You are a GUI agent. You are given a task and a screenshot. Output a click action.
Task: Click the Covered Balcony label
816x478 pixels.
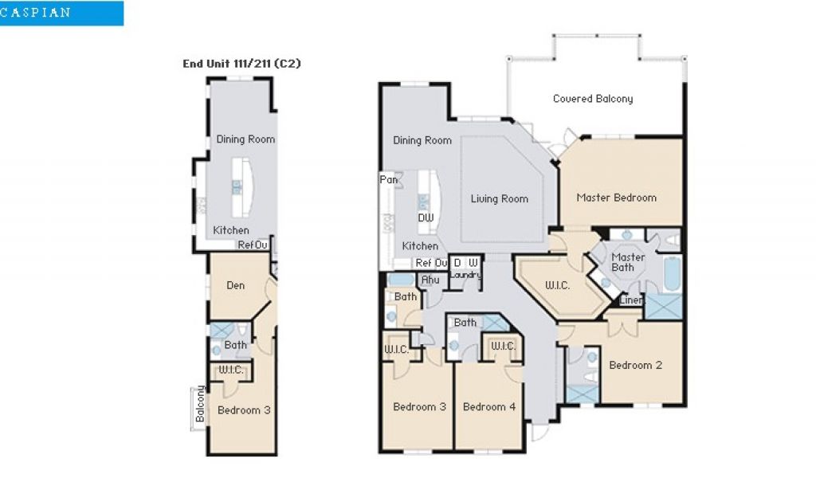pos(593,99)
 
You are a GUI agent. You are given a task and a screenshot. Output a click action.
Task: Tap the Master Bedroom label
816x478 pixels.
pos(616,198)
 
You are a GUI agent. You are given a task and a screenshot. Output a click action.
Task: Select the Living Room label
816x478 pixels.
pos(499,198)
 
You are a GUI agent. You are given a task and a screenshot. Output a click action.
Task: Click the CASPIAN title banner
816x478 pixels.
pos(61,13)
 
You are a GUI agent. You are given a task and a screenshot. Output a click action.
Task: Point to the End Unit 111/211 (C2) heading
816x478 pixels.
pos(241,64)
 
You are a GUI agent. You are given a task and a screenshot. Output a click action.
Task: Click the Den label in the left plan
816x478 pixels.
pos(235,285)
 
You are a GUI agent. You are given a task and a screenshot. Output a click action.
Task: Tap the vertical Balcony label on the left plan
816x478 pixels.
pos(200,404)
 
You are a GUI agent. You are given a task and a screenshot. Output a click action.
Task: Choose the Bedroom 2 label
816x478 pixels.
pos(635,365)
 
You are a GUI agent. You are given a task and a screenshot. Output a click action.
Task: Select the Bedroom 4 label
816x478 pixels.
pos(489,407)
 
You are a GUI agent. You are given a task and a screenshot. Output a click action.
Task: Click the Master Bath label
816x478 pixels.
pos(628,262)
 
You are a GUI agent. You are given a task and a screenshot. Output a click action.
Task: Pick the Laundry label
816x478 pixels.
pos(465,275)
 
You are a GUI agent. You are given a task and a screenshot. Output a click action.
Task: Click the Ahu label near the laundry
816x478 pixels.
pos(430,280)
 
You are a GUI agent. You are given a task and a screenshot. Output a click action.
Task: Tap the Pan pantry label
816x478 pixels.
pos(388,179)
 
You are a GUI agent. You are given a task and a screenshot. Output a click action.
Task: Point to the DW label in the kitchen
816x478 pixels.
pos(426,217)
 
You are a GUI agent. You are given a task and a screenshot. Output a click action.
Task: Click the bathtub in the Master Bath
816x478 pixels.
pos(673,274)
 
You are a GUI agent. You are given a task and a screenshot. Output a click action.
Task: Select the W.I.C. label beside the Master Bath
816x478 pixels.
pos(557,285)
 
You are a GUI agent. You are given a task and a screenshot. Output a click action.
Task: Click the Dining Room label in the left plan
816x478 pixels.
pos(245,139)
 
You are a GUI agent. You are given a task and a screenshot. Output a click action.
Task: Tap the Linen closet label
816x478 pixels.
pos(631,300)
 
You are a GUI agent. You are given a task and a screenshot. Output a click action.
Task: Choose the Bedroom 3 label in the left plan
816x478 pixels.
pos(244,409)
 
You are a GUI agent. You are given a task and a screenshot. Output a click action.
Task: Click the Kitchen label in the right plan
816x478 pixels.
pos(420,246)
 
